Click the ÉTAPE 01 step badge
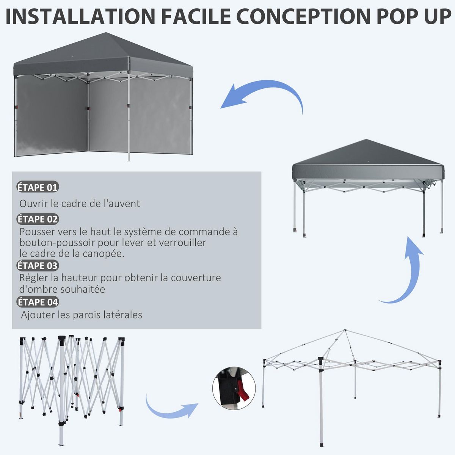(38, 187)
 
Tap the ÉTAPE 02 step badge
(38, 219)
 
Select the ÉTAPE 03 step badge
(38, 265)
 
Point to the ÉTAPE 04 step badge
(38, 302)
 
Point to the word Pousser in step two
(37, 232)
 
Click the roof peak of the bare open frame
(345, 331)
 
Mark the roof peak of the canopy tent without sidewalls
(366, 140)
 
